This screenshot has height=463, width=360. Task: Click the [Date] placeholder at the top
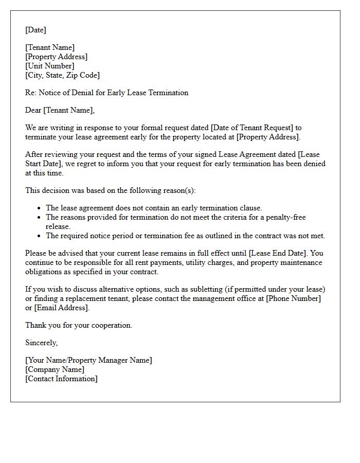(35, 30)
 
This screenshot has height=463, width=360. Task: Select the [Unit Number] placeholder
(50, 66)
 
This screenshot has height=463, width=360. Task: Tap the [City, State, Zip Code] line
(62, 76)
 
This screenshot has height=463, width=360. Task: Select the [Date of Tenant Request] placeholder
(249, 128)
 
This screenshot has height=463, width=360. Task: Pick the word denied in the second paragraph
(314, 164)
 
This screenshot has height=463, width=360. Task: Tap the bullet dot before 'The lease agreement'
(39, 208)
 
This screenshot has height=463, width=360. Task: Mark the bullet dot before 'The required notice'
(39, 236)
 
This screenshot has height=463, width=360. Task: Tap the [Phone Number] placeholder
(293, 299)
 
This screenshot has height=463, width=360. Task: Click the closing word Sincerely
(41, 343)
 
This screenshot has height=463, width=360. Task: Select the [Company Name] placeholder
(55, 370)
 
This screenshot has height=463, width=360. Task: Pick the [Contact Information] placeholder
(61, 379)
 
